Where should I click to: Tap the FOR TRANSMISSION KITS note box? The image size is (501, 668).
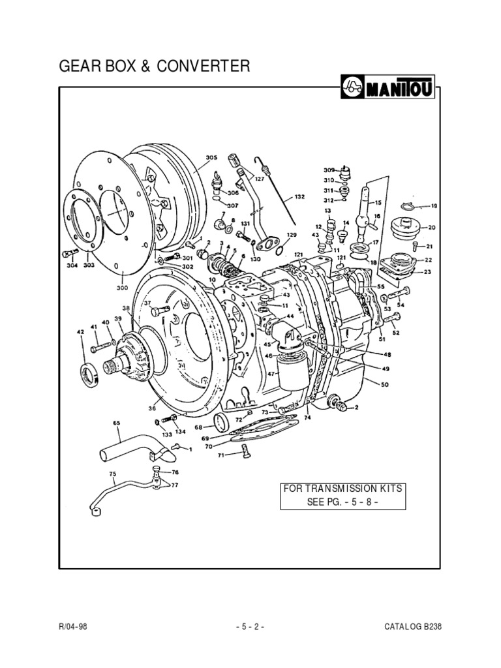click(342, 496)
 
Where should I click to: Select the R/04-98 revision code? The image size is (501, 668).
click(72, 627)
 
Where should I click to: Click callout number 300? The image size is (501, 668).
click(122, 287)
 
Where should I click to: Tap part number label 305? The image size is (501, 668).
click(211, 157)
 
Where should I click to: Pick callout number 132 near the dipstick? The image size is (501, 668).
click(299, 196)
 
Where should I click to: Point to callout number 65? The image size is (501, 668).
click(117, 423)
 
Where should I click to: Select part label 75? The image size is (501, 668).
click(112, 474)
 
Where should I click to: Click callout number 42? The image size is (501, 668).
click(81, 333)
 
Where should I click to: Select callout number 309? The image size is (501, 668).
click(328, 169)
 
